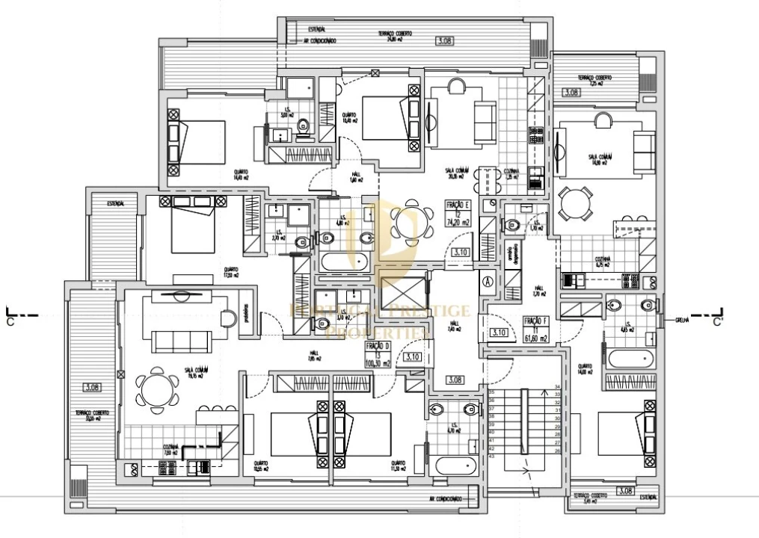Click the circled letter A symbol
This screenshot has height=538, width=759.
pyautogui.click(x=488, y=282)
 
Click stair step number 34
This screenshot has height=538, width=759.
pyautogui.click(x=557, y=387)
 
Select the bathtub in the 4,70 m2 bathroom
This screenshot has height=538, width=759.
pyautogui.click(x=455, y=465)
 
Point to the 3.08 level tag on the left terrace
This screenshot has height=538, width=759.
pyautogui.click(x=92, y=387)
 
